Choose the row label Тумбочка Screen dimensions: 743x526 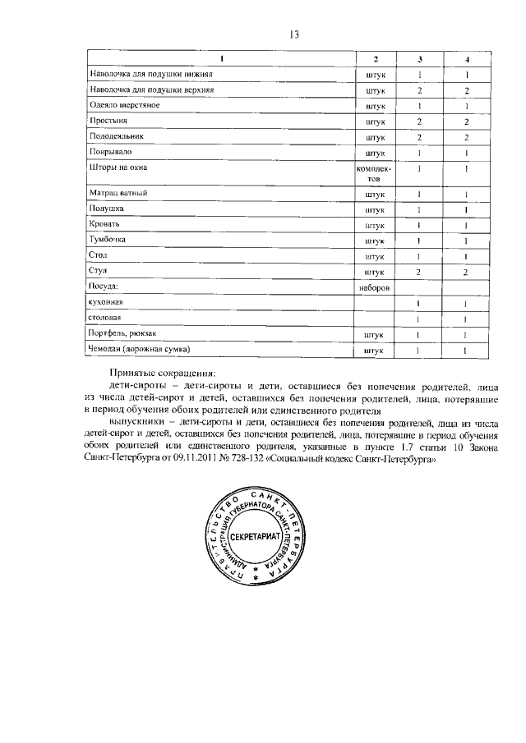[x=109, y=240]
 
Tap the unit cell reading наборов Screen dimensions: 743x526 [x=374, y=288]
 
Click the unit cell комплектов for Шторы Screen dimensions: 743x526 [x=374, y=172]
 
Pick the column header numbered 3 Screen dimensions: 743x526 [x=420, y=59]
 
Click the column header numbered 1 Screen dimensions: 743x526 [x=221, y=59]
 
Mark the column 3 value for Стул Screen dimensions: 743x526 [x=419, y=271]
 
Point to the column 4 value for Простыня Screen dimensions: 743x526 [x=466, y=121]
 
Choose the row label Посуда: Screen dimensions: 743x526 [x=104, y=287]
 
